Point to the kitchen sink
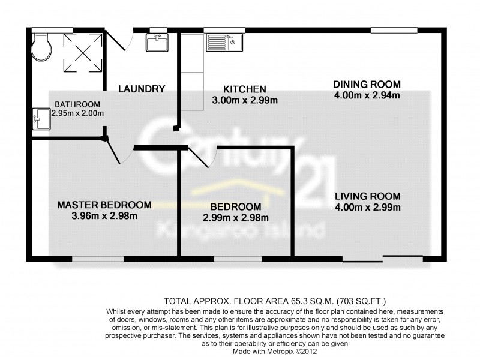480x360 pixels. [223, 42]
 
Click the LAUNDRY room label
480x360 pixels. [142, 89]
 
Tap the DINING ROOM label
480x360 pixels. [367, 84]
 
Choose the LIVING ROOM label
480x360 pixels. [367, 196]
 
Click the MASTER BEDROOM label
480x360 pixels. [104, 205]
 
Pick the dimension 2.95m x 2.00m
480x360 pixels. [77, 113]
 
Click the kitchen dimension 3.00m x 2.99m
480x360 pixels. [245, 100]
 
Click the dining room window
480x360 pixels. [394, 30]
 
